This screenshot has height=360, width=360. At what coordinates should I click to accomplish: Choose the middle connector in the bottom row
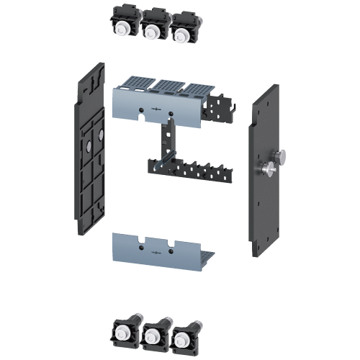point(152,333)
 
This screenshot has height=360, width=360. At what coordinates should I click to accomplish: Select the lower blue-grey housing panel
point(155,248)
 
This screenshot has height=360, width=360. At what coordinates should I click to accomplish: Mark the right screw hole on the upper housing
point(170,113)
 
